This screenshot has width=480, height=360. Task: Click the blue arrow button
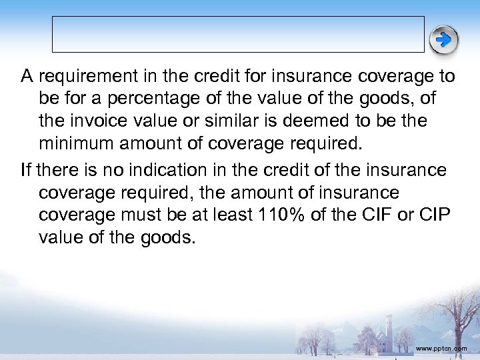coord(443,40)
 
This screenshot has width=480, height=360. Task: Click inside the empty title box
coord(238,34)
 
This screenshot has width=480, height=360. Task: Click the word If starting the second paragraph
coord(26,170)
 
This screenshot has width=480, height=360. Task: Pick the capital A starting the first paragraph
coord(27,77)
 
